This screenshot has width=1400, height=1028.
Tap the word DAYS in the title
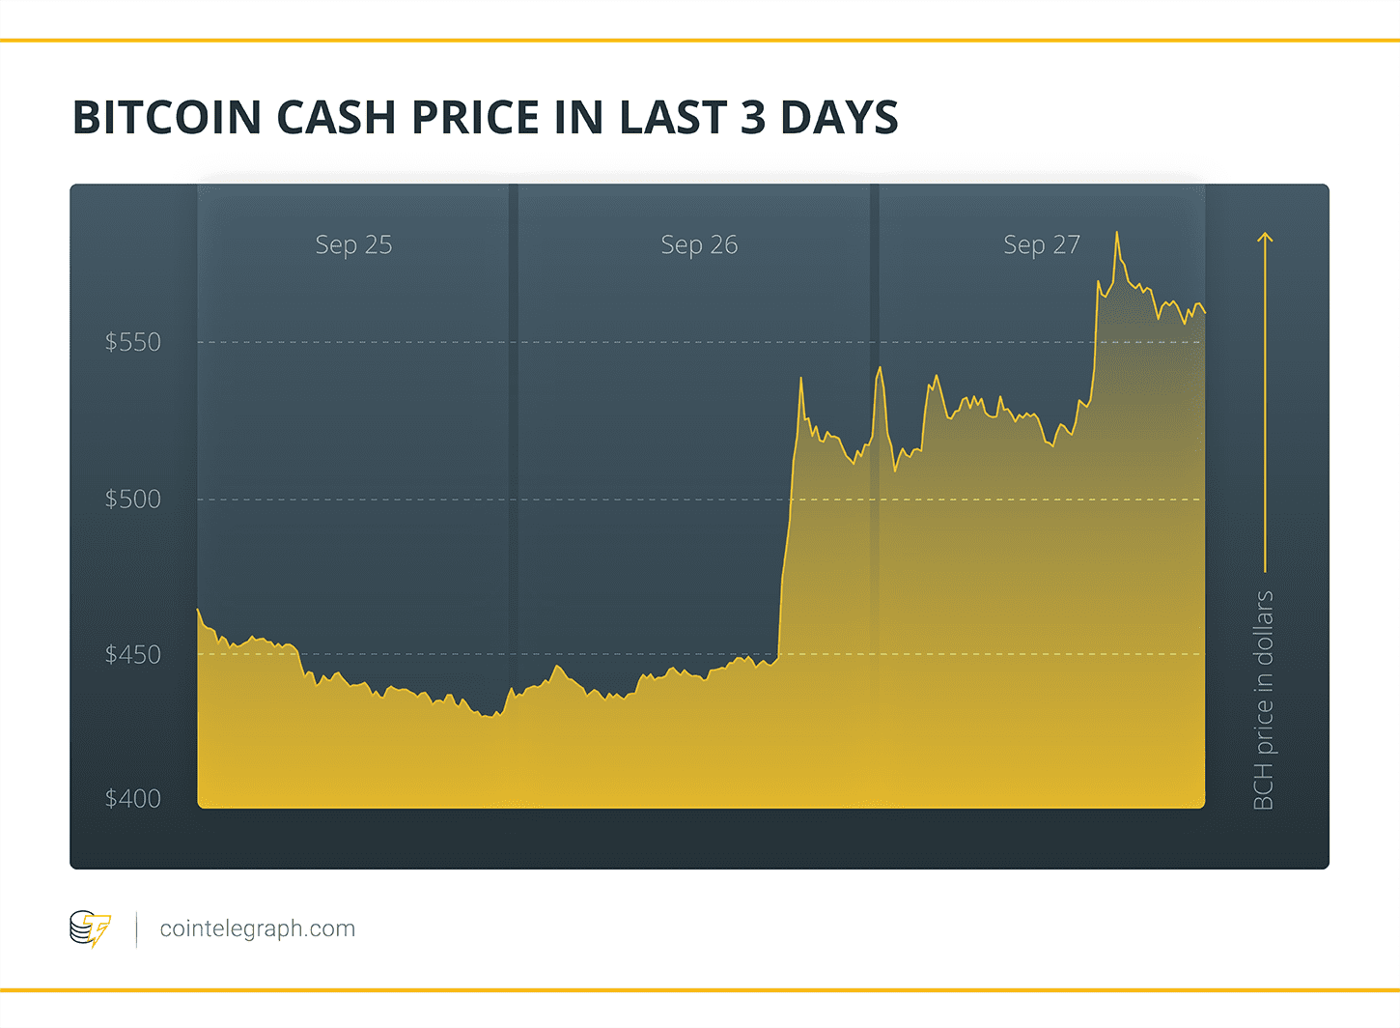tap(838, 118)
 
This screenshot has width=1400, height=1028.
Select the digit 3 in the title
tap(753, 118)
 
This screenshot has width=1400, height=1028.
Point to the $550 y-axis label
tap(133, 342)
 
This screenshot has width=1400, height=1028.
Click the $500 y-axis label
tap(133, 500)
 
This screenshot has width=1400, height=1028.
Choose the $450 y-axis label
tap(133, 655)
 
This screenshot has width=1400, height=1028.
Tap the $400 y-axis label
tap(133, 799)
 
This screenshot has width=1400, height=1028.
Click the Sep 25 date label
tap(353, 245)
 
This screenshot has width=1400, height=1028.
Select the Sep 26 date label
tap(699, 245)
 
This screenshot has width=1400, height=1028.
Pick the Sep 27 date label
tap(1041, 245)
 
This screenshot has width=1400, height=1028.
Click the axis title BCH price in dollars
tap(1263, 700)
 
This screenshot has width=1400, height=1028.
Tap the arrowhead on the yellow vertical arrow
tap(1265, 236)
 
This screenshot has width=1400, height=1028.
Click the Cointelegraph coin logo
tap(90, 928)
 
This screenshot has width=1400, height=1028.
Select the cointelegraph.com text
tap(257, 928)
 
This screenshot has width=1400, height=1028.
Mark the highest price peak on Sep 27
tap(1117, 233)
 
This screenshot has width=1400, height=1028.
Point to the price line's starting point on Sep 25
tap(198, 610)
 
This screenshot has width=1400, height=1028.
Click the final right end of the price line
tap(1204, 312)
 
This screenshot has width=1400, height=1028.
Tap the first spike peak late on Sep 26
tap(800, 379)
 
